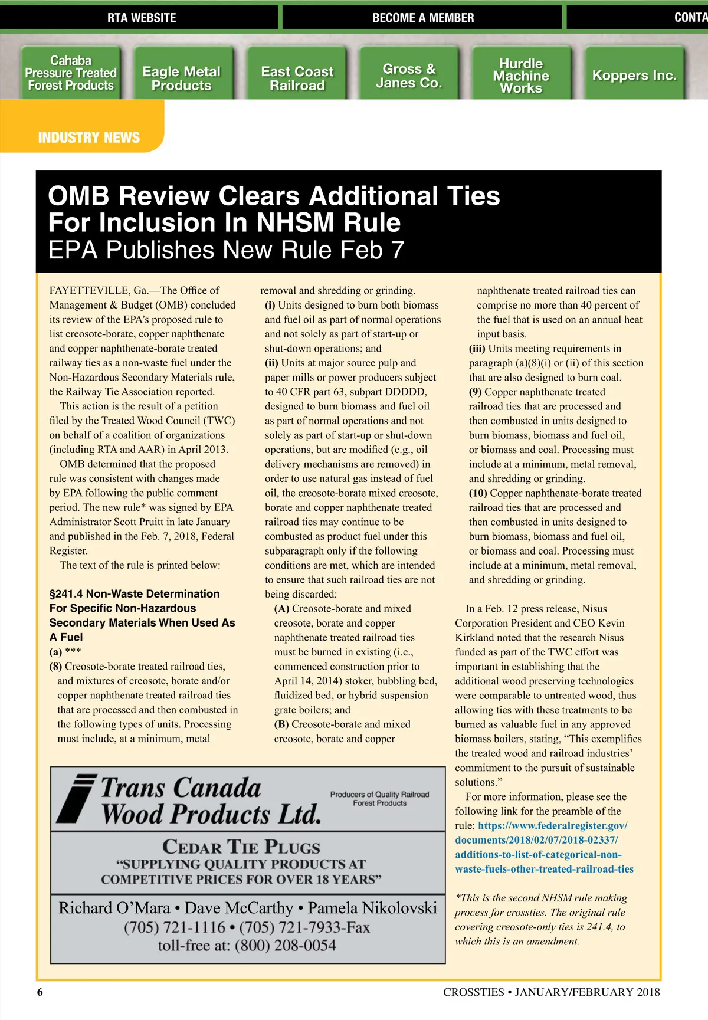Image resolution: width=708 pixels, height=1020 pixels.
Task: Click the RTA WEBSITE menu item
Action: (x=142, y=18)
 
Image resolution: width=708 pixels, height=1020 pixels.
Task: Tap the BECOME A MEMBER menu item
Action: (x=423, y=18)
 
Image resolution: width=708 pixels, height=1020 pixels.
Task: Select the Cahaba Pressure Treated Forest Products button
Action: (x=71, y=73)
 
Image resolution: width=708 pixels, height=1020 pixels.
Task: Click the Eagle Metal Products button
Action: (x=181, y=78)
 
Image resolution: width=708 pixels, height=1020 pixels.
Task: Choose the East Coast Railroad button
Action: (x=297, y=78)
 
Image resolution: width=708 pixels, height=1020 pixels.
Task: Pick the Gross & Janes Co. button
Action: (x=409, y=76)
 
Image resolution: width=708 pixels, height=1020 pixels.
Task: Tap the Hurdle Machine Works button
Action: (x=520, y=76)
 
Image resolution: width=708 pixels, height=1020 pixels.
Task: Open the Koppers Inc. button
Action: (x=634, y=76)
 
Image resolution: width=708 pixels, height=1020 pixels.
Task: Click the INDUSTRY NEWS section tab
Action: (x=88, y=137)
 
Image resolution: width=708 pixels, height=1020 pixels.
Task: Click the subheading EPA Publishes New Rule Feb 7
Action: (x=226, y=250)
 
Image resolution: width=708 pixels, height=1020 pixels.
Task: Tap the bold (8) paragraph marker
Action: (x=56, y=667)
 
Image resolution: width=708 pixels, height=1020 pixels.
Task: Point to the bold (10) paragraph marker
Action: (x=478, y=493)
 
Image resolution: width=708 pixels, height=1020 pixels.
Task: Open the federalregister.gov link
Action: (x=543, y=847)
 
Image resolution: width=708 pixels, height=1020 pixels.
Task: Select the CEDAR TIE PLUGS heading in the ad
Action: (x=241, y=847)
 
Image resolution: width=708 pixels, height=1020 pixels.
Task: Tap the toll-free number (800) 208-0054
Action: (x=285, y=946)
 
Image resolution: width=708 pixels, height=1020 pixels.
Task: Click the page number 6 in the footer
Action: (x=40, y=992)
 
